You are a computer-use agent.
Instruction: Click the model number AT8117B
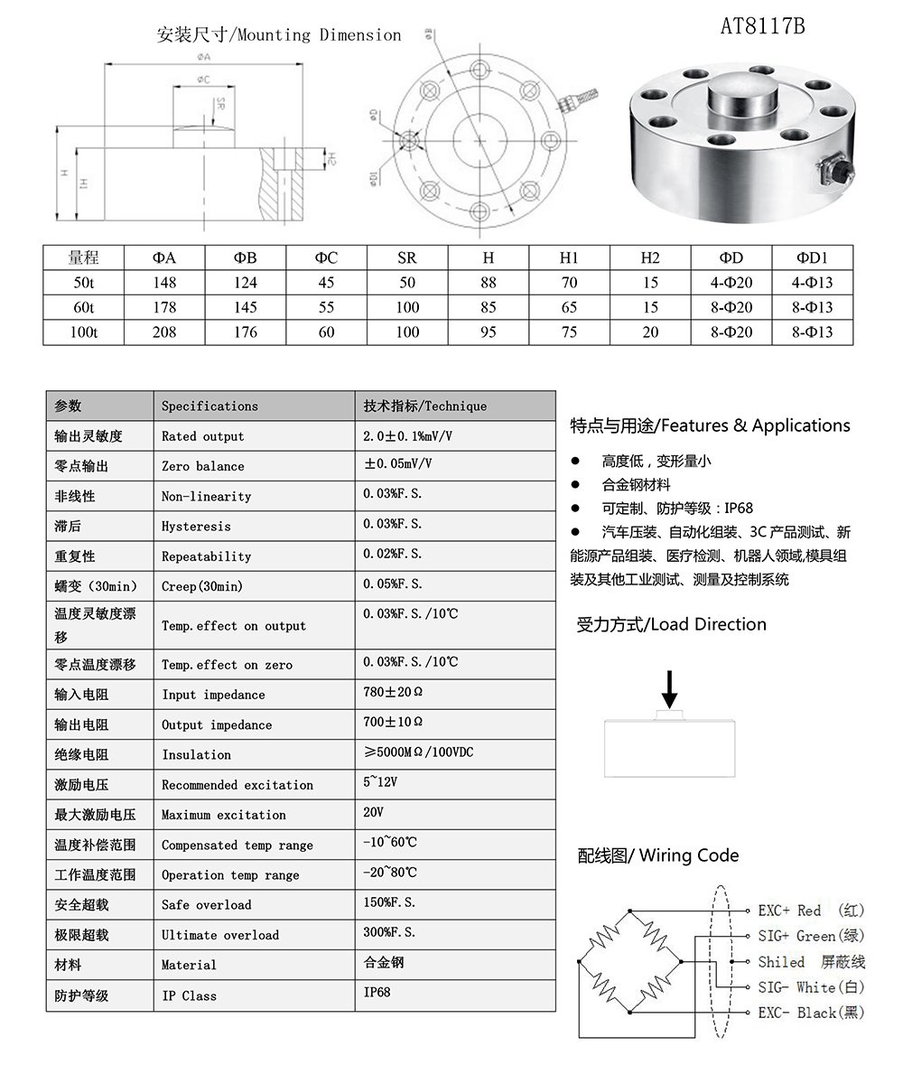pos(762,26)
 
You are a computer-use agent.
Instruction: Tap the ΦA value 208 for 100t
pos(165,332)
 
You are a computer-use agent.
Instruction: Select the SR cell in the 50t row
pos(407,283)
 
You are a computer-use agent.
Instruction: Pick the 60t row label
pos(84,308)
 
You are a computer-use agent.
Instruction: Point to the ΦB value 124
pos(246,283)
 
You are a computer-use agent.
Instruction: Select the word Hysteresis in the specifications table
pos(196,526)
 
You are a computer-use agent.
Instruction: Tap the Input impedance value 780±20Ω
pos(393,694)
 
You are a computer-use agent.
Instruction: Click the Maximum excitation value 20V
pos(374,813)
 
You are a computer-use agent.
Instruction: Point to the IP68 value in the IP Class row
pos(377,992)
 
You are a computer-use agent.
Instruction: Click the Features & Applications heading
pos(710,425)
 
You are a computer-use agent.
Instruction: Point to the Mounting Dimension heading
pos(279,35)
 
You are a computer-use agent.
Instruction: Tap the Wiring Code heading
pos(658,855)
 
